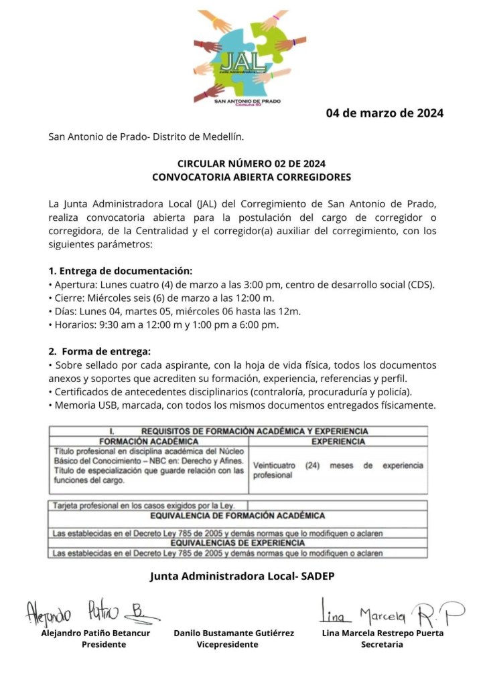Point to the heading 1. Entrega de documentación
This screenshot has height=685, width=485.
point(121,271)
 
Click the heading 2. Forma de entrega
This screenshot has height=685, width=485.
point(100,351)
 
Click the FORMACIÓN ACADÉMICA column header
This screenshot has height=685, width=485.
point(148,442)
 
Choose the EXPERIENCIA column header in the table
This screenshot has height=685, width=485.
point(338,442)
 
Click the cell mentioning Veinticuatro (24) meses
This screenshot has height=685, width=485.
point(338,470)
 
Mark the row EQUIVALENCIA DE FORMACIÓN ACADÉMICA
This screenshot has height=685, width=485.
point(238,516)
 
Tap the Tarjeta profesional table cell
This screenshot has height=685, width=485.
point(149,505)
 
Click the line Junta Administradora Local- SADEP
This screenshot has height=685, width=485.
point(242,575)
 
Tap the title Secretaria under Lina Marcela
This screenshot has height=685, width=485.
point(382,644)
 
